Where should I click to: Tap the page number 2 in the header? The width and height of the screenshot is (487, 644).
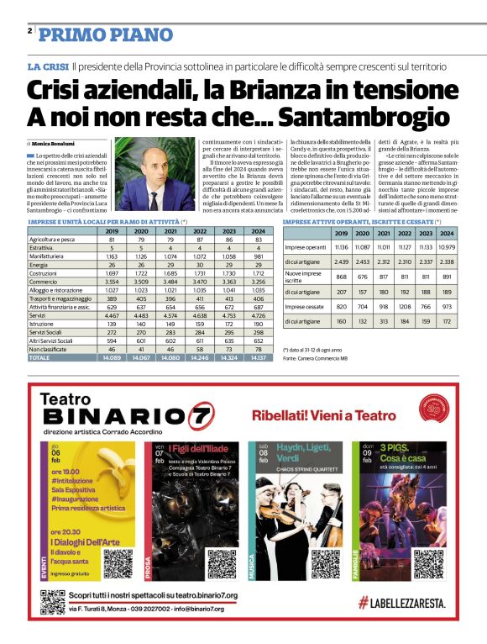tap(29, 31)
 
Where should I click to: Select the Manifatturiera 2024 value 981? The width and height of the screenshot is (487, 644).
tap(259, 256)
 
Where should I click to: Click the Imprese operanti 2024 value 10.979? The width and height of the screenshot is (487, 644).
tap(447, 248)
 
